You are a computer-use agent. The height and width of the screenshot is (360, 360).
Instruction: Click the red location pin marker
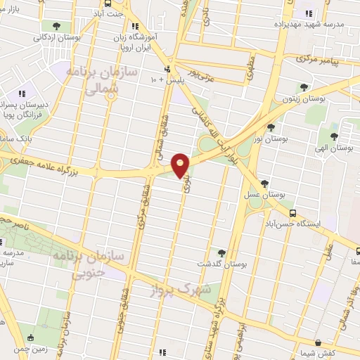(181, 165)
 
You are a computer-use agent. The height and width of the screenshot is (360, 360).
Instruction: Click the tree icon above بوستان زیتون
(304, 88)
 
